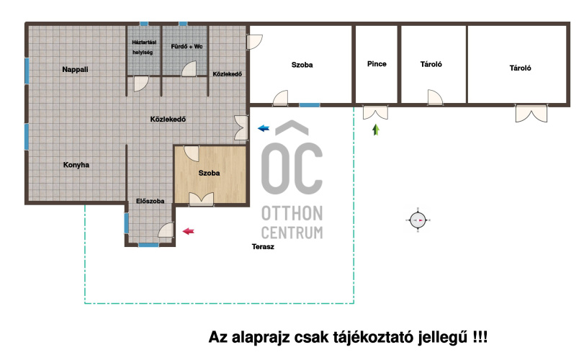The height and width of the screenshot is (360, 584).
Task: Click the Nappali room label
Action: coord(75,70)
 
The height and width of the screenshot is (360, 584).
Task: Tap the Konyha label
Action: coord(76,165)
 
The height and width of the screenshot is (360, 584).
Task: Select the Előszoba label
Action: coord(150,201)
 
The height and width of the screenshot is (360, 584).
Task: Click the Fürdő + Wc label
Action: coord(187,47)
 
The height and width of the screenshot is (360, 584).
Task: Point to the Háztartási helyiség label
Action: coord(144,48)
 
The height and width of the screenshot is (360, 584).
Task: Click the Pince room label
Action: coord(377,64)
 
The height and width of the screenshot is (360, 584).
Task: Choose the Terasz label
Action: coord(263,246)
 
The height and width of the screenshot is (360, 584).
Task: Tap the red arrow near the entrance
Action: coord(189,231)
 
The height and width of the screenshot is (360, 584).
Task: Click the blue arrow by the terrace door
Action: coord(264,128)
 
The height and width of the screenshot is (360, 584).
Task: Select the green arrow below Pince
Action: coord(376,130)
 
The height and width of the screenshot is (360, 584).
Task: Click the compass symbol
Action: coord(418,220)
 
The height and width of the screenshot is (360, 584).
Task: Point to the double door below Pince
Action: coord(375,112)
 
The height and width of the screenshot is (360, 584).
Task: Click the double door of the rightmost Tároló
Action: coord(531,113)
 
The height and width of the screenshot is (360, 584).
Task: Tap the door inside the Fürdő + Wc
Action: coord(189,69)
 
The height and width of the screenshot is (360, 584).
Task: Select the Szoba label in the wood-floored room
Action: coord(209,173)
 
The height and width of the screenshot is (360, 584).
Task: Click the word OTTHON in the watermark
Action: coord(292,214)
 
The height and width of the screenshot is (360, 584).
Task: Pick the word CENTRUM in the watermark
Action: coord(292,233)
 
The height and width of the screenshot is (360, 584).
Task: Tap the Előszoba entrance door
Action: coord(166,230)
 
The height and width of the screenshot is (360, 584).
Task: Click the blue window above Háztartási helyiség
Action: coord(144,24)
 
